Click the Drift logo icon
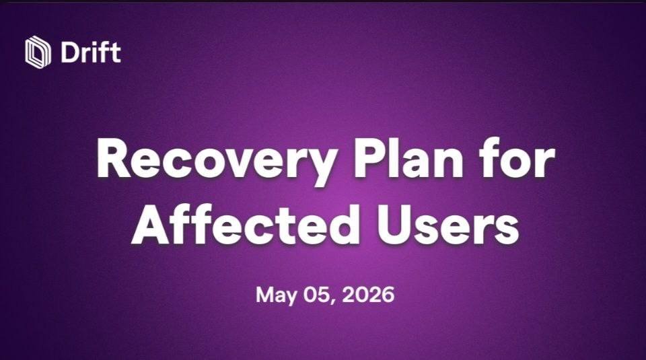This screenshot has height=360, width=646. point(38,52)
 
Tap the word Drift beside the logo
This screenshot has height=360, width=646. point(91,52)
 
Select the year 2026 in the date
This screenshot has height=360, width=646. point(367,295)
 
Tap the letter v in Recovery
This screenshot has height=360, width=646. point(239,163)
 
